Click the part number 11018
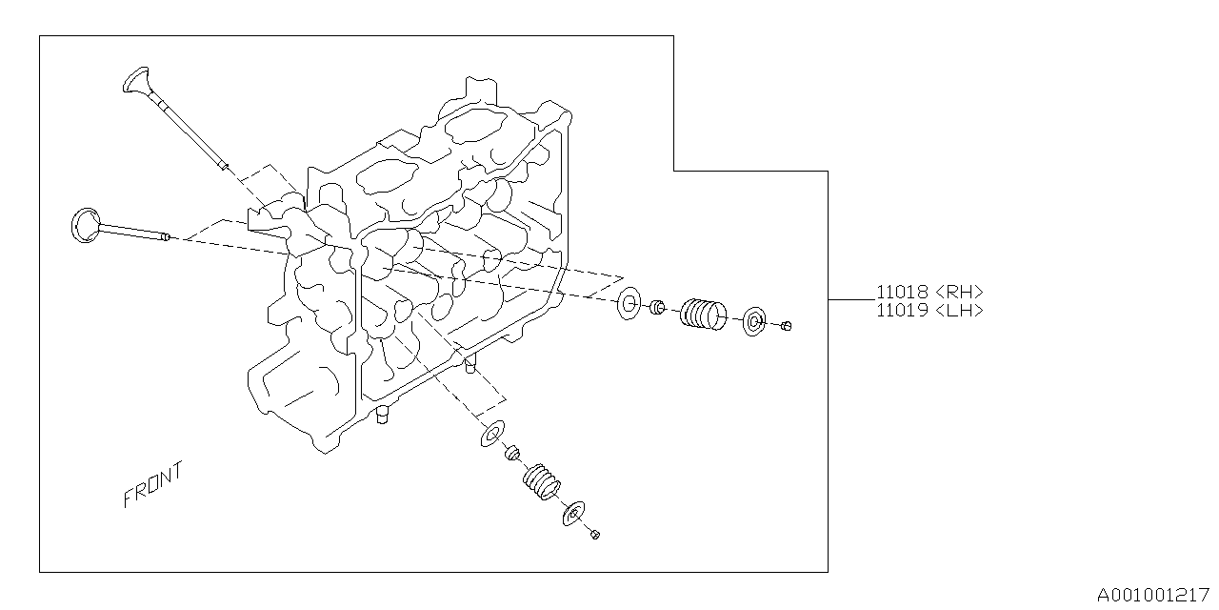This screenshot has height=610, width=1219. click(x=902, y=293)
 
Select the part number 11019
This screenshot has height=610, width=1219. click(x=902, y=310)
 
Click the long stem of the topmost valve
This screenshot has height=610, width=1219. click(x=186, y=129)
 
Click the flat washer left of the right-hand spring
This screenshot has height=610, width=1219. click(x=629, y=304)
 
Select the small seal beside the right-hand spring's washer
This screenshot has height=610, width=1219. click(x=656, y=308)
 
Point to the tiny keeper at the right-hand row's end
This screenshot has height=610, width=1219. click(x=786, y=327)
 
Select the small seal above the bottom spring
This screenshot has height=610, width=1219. click(x=512, y=452)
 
